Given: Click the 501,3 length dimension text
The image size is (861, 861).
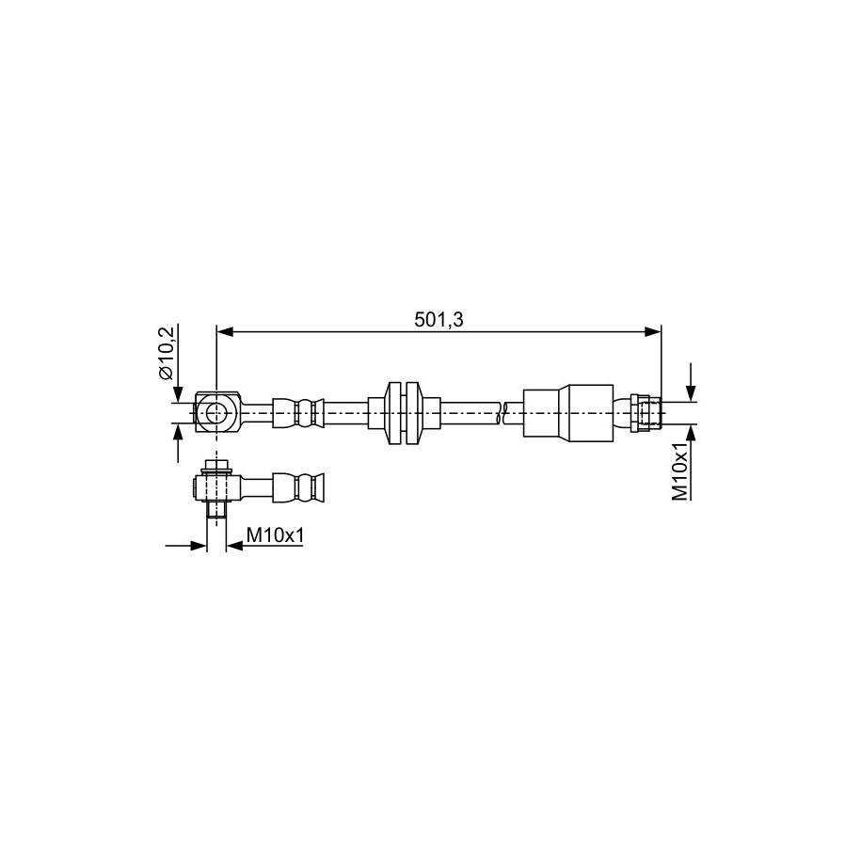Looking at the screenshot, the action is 438,320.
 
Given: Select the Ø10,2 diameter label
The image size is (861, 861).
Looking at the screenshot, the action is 166,353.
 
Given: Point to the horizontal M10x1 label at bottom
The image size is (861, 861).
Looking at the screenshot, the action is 275,534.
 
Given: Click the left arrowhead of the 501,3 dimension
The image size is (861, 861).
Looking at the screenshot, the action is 225,331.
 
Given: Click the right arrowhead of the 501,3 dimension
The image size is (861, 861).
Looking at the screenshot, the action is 653,331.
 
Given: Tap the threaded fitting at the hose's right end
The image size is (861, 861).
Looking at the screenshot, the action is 647,413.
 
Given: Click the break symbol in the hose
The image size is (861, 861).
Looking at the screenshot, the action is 499,413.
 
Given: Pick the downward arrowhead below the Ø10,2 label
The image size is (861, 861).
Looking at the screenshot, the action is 177,394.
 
